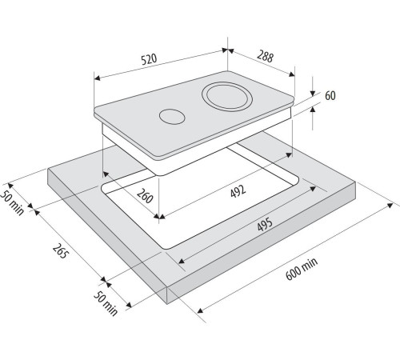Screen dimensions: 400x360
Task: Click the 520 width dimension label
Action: [149, 59]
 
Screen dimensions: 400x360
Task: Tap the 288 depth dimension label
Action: [266, 57]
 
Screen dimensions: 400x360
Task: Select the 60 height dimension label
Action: [330, 95]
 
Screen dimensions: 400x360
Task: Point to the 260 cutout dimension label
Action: [145, 196]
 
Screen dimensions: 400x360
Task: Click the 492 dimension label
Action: [238, 191]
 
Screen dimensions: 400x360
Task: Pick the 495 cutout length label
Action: [265, 224]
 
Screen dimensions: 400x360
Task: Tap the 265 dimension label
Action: [59, 251]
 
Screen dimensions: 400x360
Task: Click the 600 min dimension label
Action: [302, 269]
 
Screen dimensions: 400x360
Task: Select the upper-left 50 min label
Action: [12, 202]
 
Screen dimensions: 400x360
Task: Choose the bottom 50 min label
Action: [106, 303]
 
